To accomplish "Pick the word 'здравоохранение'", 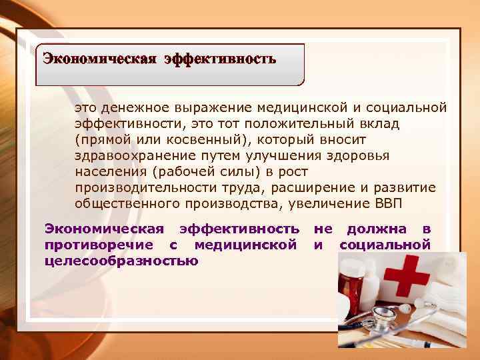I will pos(124,155).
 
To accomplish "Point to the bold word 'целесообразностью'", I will pos(121,261).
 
